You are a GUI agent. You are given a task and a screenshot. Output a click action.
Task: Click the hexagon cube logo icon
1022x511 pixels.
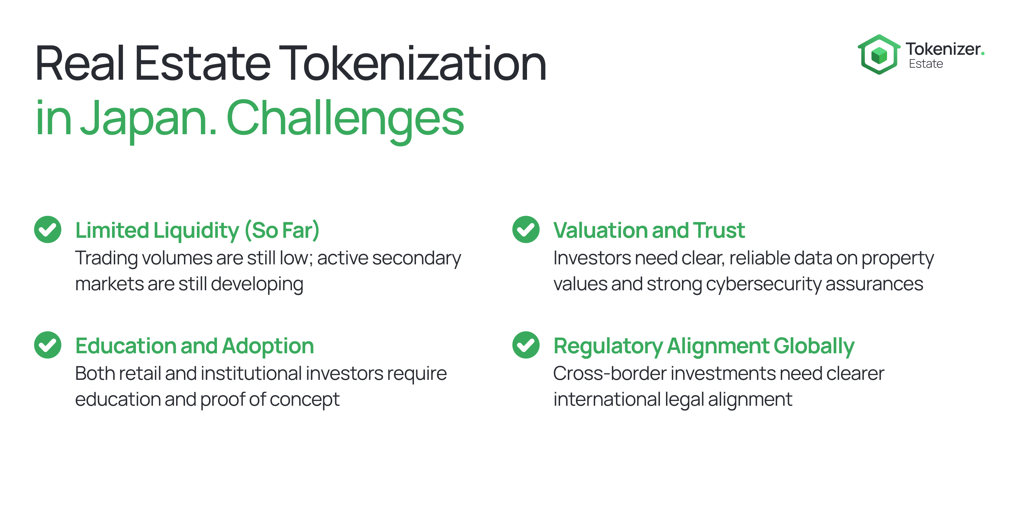click(x=879, y=55)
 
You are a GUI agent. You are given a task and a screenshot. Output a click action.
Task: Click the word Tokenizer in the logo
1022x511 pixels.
click(x=943, y=49)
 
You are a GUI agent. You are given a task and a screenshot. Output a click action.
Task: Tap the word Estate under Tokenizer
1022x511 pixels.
click(x=926, y=64)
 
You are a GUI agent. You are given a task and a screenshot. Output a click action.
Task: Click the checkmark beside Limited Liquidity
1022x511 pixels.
click(x=48, y=229)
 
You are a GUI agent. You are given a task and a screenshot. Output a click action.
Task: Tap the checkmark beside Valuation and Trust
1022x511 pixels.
click(x=526, y=229)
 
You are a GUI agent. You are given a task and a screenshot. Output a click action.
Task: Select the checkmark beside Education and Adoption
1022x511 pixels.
click(x=48, y=345)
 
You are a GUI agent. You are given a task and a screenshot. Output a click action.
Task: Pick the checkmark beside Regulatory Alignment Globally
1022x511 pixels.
click(x=526, y=345)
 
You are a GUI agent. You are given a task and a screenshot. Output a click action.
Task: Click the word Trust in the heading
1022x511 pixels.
click(x=719, y=231)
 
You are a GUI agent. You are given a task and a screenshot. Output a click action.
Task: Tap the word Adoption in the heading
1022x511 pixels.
click(x=268, y=346)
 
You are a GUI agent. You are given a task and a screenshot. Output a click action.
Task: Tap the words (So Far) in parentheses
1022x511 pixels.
click(x=282, y=231)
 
